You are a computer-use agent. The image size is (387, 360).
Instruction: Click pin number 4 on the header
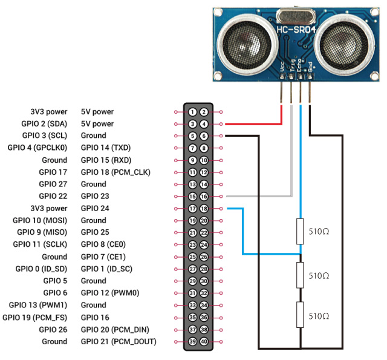204,124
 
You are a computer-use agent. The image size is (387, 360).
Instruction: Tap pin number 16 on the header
204,197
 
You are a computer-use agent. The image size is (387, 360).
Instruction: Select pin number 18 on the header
204,209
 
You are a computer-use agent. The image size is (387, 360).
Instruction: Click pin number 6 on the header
204,136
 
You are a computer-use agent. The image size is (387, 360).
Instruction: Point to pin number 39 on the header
192,342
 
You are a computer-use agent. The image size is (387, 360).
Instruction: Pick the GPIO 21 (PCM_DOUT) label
119,341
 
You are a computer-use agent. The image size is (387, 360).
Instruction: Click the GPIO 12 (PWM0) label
110,293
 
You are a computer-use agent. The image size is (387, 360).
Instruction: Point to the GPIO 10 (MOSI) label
40,220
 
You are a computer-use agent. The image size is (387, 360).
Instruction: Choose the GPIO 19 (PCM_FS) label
35,317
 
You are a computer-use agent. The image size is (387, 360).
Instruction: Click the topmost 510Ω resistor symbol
299,231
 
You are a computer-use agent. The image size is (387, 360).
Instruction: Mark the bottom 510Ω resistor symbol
299,316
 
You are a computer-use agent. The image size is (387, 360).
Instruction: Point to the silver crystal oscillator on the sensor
292,15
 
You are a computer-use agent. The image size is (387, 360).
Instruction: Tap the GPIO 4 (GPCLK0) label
37,148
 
